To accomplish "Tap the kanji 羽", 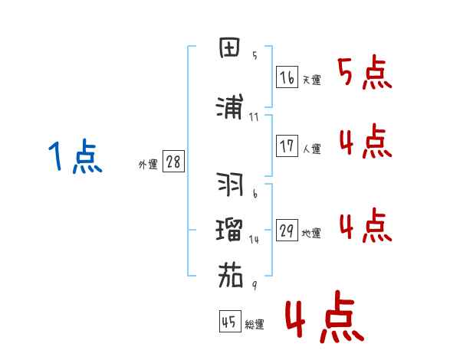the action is tap(231, 185).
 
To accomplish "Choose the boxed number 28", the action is tap(173, 162).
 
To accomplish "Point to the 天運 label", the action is tap(311, 80).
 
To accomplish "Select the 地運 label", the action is tap(311, 234).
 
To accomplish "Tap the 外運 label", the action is tap(147, 165).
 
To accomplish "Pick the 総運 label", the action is tap(254, 325).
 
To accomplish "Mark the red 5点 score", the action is tap(364, 73).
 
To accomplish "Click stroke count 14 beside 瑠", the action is tap(255, 239).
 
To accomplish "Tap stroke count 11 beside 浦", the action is tap(254, 117).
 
